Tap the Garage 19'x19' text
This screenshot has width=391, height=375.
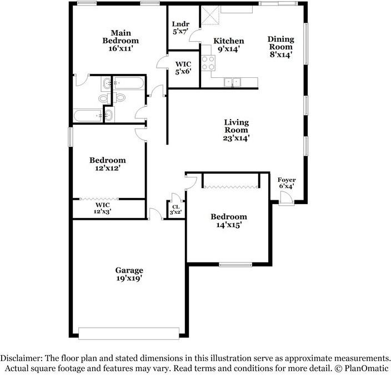[x=129, y=274]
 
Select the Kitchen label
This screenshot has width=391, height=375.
[x=229, y=45]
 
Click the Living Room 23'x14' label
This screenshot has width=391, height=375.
[x=236, y=130]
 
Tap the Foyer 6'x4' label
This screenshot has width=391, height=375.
[x=287, y=183]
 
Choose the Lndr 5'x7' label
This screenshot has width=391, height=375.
[x=181, y=27]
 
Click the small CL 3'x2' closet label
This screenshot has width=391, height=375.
[x=176, y=209]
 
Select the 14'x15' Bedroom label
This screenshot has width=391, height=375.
[x=228, y=221]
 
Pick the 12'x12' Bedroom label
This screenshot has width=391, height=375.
[x=108, y=164]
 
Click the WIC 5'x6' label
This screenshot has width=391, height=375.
[x=183, y=67]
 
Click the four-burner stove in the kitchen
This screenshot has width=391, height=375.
[x=208, y=62]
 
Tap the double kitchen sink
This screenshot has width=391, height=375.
[x=232, y=82]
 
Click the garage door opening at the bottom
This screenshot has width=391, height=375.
[x=128, y=333]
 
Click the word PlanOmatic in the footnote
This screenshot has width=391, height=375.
[x=370, y=368]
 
